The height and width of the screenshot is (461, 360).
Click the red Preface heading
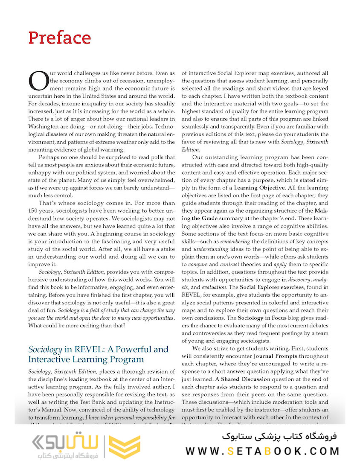tap(59, 38)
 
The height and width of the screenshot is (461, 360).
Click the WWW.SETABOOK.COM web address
tap(262, 450)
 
